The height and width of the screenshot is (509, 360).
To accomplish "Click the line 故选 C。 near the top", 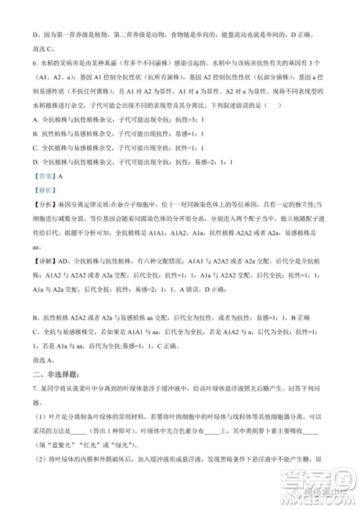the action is click(x=45, y=49).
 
